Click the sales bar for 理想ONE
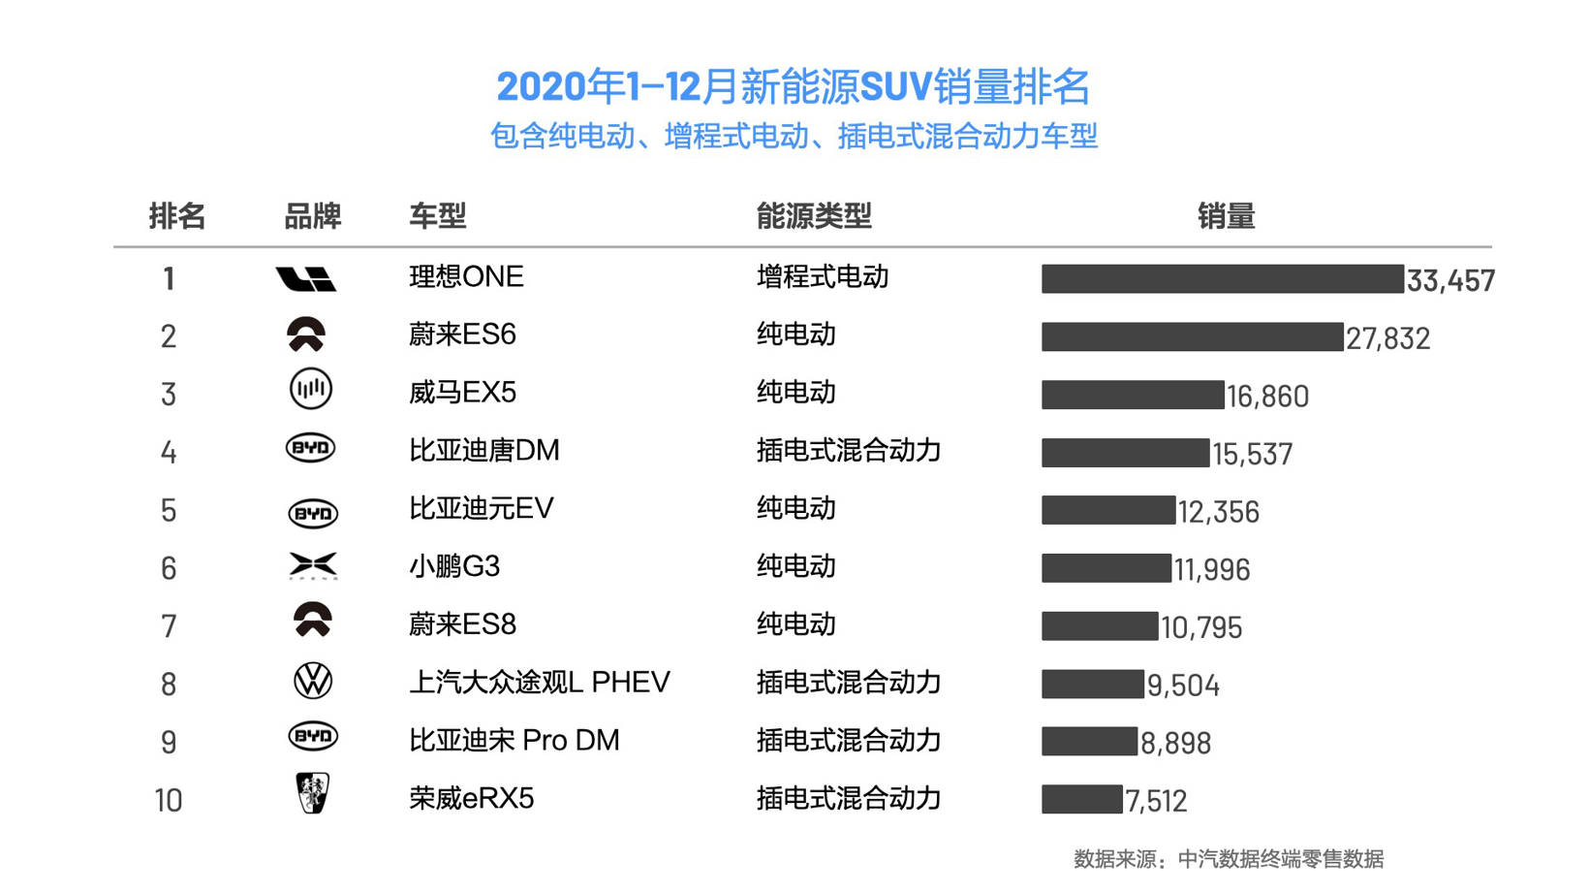1222,279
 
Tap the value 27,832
1387,338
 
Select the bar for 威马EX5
1133,395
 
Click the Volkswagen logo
312,682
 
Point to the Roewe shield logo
312,793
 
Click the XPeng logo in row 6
313,566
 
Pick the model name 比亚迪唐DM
483,451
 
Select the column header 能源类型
814,216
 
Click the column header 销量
1226,216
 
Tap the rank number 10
169,801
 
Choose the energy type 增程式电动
823,277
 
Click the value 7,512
1156,801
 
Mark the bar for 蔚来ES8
1100,626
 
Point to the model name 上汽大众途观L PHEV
540,683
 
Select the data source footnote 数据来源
1229,859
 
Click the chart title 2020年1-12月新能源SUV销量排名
794,87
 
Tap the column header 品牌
312,216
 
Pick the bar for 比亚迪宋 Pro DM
1089,742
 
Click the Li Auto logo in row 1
305,279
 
